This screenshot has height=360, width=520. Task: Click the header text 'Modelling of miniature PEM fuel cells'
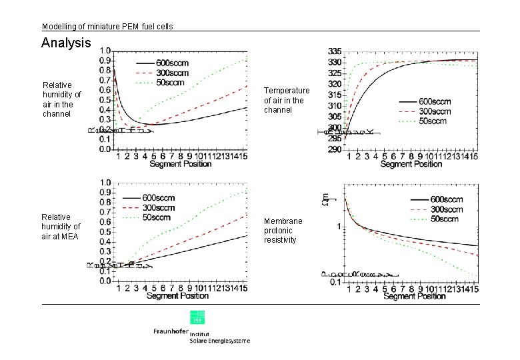tap(107, 27)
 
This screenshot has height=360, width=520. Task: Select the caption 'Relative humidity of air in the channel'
tap(62, 99)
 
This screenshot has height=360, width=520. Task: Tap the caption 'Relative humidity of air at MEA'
tap(61, 226)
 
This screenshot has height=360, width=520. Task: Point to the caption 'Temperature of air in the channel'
tap(287, 99)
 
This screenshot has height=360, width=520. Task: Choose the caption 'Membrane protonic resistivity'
tap(283, 230)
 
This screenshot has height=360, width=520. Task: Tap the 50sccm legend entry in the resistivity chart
tap(443, 219)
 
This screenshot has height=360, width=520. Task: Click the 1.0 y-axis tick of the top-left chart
tap(105, 51)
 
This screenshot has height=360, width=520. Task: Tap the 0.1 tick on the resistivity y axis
tap(336, 282)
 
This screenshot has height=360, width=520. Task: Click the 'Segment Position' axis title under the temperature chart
tap(411, 164)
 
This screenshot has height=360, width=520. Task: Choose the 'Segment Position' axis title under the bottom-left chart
tap(177, 295)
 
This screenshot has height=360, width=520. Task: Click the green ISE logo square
tap(197, 317)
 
